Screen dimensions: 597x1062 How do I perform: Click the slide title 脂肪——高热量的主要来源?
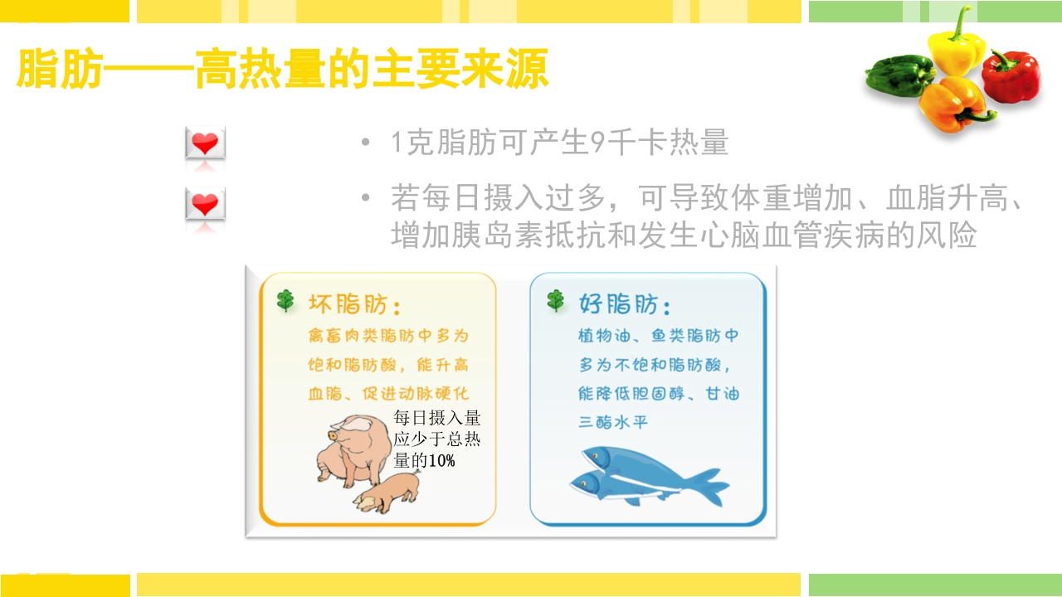coord(282,70)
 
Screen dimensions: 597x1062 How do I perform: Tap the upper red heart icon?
coord(205,144)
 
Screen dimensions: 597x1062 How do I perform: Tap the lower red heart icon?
coord(205,204)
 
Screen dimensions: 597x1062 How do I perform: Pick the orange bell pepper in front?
coord(954,104)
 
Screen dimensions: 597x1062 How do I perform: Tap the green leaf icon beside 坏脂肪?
coord(285,301)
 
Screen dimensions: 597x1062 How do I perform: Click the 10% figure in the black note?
coord(442,461)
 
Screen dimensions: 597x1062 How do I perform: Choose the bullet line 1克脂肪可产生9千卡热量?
coord(560,143)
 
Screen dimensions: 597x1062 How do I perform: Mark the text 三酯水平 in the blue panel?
coord(613,422)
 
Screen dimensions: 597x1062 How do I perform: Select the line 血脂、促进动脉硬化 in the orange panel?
coord(388,394)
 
